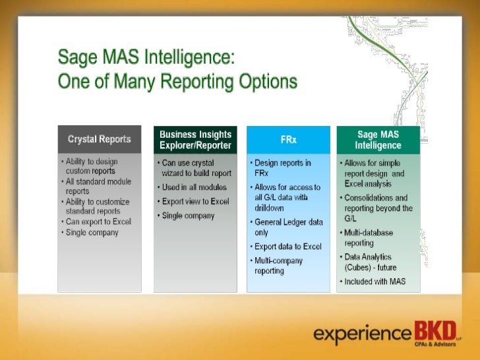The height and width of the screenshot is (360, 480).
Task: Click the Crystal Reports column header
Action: [99, 139]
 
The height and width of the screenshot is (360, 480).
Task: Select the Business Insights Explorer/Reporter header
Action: [195, 139]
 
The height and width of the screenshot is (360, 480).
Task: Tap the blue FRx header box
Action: [287, 139]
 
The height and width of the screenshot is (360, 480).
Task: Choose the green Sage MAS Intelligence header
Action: [378, 139]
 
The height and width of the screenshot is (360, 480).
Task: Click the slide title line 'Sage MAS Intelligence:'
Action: [146, 58]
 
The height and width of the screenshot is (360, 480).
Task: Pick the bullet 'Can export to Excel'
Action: [98, 222]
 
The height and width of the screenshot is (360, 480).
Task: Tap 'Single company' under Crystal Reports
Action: [92, 232]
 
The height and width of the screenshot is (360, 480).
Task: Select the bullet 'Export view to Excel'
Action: [195, 201]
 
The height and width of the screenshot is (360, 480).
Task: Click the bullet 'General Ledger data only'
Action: [288, 227]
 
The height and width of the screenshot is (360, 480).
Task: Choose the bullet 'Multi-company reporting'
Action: [280, 266]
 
